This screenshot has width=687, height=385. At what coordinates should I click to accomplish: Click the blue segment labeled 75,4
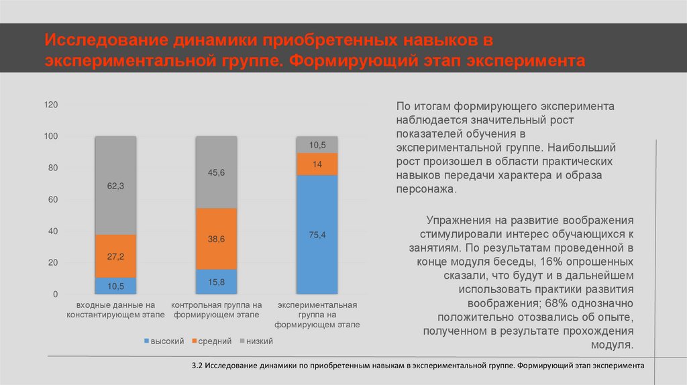(x=317, y=234)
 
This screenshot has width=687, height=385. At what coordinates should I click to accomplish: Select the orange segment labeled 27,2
(x=115, y=256)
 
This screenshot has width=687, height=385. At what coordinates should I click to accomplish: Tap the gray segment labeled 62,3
(x=115, y=186)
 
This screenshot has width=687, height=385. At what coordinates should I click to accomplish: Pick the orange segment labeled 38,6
(x=216, y=239)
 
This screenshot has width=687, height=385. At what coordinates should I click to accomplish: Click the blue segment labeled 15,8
(x=216, y=282)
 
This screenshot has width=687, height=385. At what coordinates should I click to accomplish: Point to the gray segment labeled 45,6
(x=216, y=172)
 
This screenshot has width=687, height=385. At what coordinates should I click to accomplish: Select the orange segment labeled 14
(x=317, y=164)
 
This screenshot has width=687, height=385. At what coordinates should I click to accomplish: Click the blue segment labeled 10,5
(x=115, y=286)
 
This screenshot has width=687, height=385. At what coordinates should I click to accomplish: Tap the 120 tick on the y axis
(x=52, y=105)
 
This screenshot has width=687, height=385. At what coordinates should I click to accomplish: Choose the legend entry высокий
(x=164, y=341)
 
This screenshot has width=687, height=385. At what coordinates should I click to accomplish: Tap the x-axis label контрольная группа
(x=216, y=309)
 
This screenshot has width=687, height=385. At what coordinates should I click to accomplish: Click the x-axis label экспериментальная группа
(x=317, y=315)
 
